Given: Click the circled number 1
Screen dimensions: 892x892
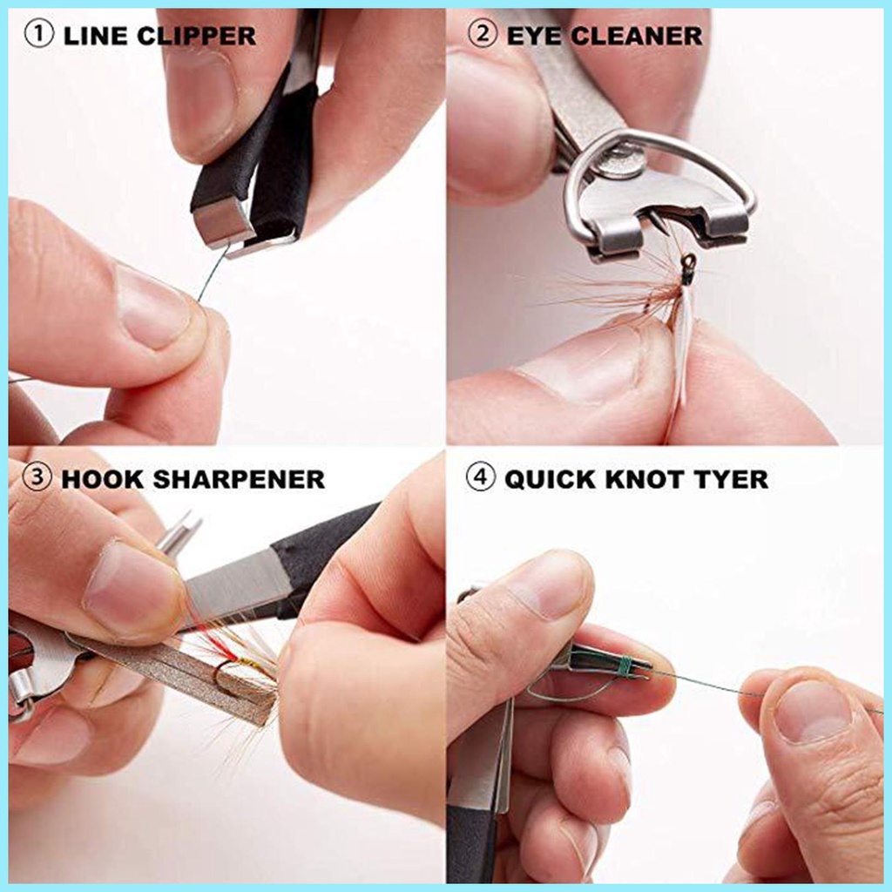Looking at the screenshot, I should point(39,36).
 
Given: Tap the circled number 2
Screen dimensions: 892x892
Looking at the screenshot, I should point(481,36).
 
